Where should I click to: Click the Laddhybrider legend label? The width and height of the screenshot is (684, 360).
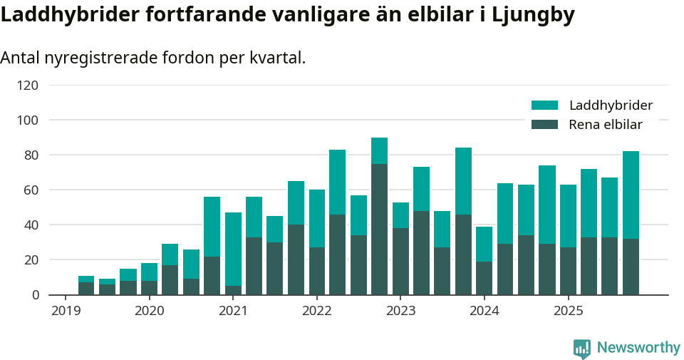coord(611,106)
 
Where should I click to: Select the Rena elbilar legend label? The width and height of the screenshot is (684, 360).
coord(606,125)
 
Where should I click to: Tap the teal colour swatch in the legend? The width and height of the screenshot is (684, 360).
coord(544,106)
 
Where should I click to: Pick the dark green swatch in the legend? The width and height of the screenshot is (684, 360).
coord(544,125)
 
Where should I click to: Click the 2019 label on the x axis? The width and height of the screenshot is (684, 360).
coord(66,311)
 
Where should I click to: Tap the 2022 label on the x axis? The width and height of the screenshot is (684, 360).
coord(316,311)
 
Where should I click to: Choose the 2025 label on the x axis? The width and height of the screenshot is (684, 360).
coord(568,311)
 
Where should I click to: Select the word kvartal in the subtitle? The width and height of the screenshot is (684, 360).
coord(275,58)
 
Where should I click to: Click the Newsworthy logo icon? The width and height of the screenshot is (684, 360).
coord(582,348)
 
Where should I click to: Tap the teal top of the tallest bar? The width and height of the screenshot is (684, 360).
coord(379,150)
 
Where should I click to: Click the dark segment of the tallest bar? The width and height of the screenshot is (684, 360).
coord(379,229)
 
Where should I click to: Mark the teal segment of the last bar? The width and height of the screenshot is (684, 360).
coord(631,195)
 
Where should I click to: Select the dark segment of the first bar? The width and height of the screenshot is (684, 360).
coord(86,289)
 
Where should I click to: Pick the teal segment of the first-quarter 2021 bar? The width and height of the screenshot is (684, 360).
coord(233,249)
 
